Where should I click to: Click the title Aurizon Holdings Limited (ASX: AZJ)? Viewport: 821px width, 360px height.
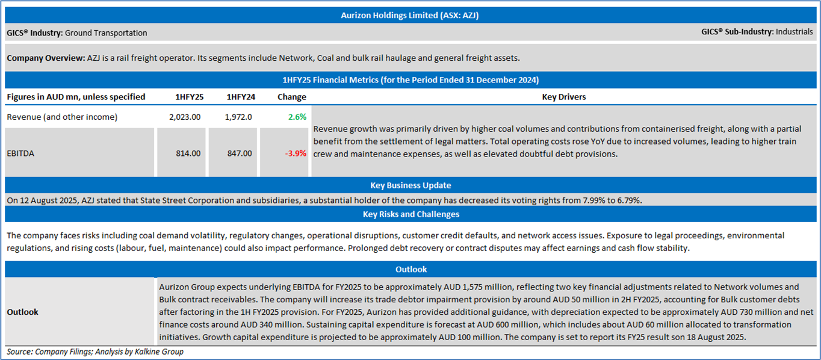point(410,16)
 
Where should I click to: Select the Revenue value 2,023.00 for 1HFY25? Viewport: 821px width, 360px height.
point(185,117)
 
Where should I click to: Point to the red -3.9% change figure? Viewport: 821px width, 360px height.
point(296,154)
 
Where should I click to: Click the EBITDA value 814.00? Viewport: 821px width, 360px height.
point(188,154)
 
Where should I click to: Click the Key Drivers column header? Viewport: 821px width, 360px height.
point(563,97)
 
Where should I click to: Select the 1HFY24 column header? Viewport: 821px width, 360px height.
point(240,97)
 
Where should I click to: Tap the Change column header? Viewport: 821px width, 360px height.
point(291,97)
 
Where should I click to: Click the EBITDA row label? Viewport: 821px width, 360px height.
point(22,154)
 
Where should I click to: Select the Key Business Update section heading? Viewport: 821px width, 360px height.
point(410,185)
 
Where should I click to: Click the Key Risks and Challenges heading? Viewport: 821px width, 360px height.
point(410,214)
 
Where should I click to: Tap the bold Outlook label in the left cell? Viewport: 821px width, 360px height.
point(22,312)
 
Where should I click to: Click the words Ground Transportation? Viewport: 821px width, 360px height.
point(106,33)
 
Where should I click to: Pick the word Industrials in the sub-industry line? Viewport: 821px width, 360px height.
point(794,31)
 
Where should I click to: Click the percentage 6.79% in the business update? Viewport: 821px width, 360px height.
point(628,200)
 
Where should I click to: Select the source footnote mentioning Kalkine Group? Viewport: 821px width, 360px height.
point(95,352)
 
